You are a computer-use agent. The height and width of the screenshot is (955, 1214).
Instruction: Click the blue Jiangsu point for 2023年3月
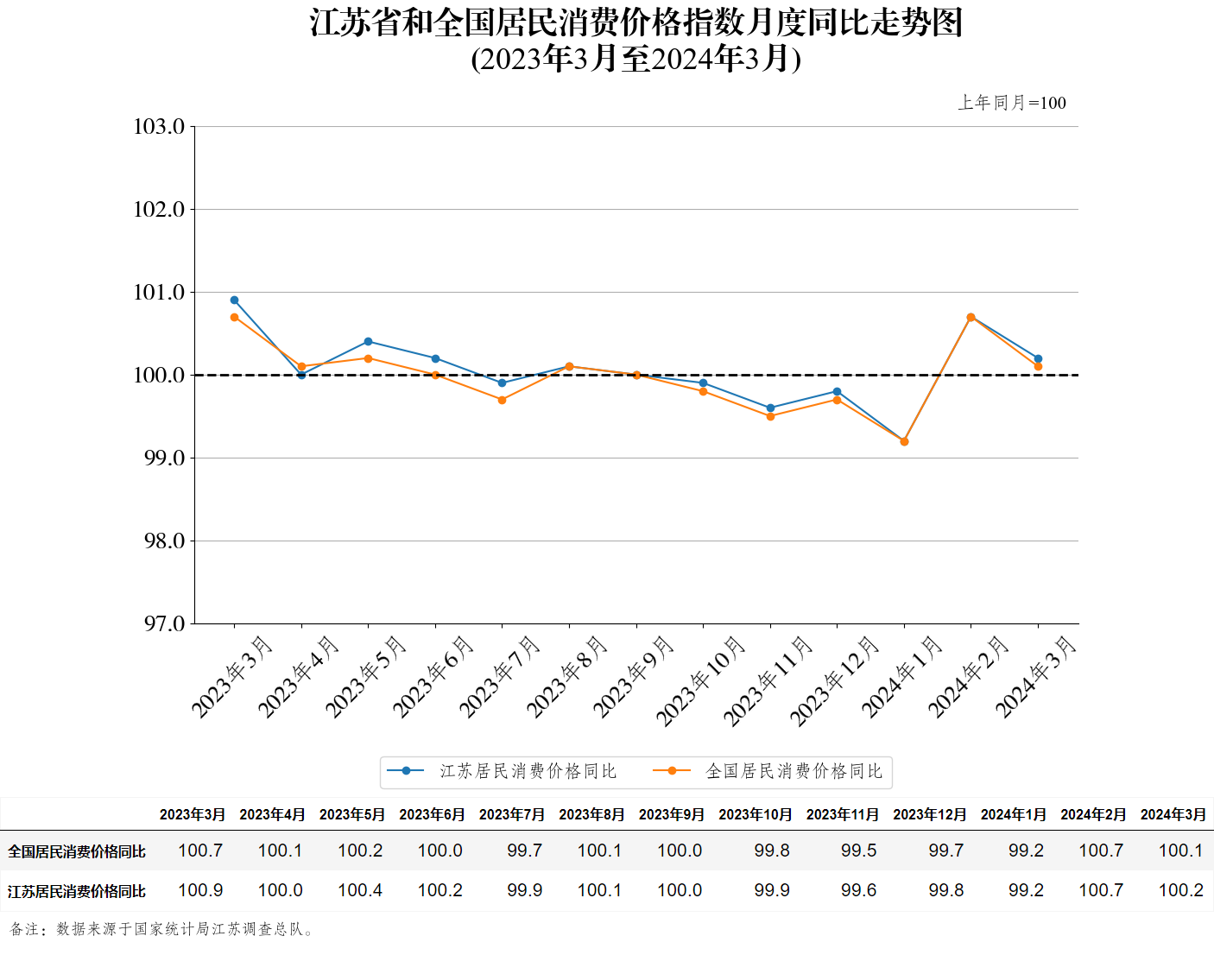[234, 300]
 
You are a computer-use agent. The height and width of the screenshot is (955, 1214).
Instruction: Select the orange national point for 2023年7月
[502, 400]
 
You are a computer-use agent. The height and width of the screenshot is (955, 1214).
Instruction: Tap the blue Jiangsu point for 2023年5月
[368, 342]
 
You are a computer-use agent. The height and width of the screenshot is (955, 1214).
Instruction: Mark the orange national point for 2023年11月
[770, 416]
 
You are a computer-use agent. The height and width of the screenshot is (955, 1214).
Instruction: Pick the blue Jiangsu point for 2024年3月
[1038, 358]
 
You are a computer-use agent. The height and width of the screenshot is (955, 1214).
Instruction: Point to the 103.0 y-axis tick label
[159, 127]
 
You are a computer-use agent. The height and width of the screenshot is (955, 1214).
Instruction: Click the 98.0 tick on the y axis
[164, 541]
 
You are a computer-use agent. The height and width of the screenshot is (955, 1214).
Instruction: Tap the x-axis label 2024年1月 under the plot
[901, 677]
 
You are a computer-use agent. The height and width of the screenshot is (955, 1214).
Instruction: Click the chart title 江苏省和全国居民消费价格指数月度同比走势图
[636, 23]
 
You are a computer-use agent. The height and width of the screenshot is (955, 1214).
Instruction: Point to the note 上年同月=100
[1011, 103]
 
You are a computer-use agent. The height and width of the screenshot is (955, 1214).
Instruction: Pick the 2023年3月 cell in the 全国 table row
[200, 851]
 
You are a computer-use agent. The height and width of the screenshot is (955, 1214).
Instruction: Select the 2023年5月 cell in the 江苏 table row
[360, 890]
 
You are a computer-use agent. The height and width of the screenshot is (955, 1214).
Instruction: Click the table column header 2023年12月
[929, 814]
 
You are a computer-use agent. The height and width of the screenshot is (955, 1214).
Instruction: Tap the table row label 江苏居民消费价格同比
[77, 891]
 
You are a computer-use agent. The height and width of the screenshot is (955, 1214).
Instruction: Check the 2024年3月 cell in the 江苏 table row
[1180, 890]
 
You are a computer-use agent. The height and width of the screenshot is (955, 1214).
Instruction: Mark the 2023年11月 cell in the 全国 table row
[858, 851]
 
